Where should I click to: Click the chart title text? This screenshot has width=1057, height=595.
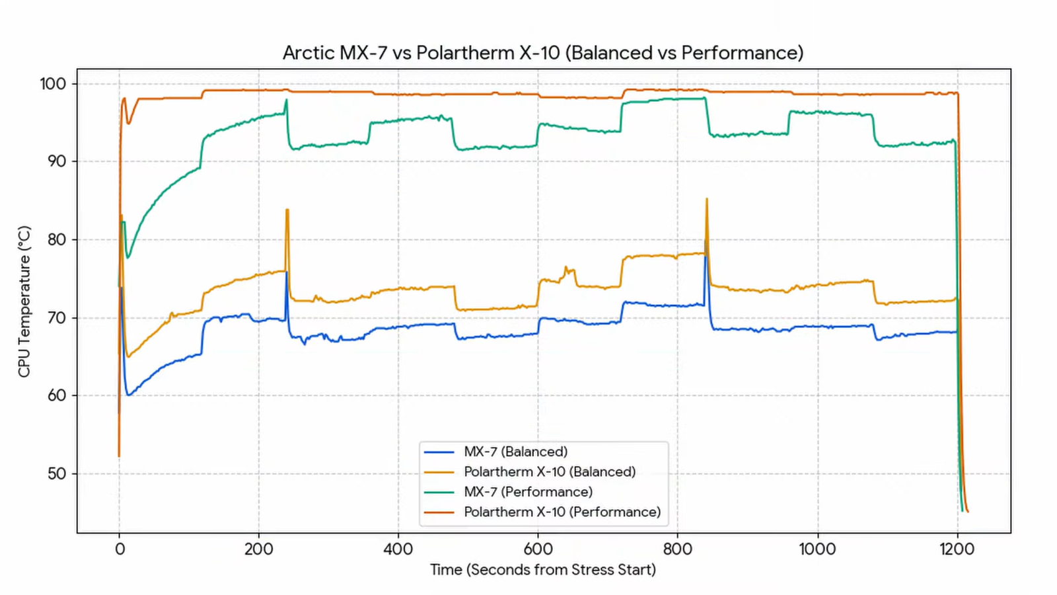[543, 53]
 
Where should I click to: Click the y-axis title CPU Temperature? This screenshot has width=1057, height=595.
[24, 301]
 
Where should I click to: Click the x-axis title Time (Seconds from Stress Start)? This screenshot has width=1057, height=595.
[543, 570]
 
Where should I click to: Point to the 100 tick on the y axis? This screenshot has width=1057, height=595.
[53, 84]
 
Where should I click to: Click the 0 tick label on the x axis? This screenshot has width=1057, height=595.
[120, 549]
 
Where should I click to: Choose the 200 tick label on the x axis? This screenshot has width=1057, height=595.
[259, 549]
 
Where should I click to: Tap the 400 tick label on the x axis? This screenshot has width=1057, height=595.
[398, 549]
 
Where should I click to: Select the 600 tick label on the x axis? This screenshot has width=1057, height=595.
[538, 549]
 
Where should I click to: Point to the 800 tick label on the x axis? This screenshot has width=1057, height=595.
[678, 549]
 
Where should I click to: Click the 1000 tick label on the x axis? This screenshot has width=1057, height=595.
[817, 549]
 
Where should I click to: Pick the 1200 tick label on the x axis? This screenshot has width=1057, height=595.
[957, 549]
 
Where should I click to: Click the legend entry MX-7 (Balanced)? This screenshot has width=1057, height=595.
[515, 452]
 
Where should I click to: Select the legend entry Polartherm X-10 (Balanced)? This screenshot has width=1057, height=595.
[550, 472]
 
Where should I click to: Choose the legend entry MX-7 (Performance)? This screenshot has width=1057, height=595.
[528, 492]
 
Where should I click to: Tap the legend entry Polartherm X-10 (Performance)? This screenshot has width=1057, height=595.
[562, 512]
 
